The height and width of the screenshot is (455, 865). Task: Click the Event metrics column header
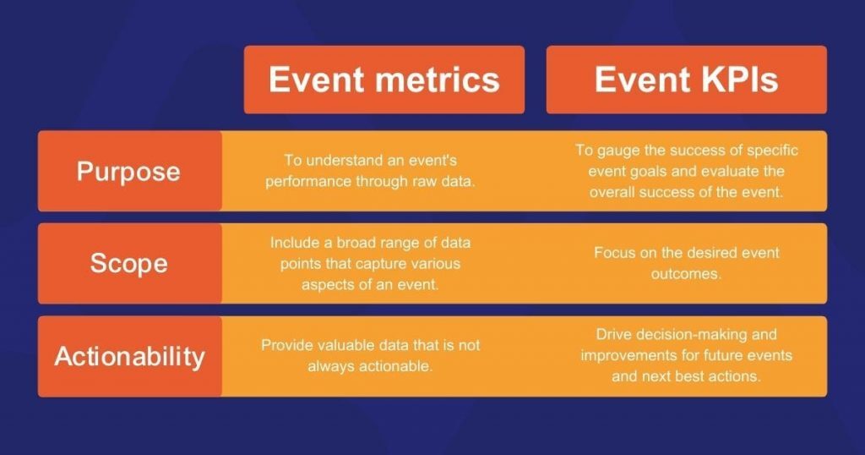pos(384,79)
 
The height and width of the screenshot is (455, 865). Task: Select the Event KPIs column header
pos(686,79)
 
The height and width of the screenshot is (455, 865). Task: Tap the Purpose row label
pos(129,171)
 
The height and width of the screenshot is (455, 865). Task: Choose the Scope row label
pos(129,263)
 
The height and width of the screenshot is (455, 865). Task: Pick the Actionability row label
pos(129,356)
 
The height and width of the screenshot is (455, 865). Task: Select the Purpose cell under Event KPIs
pos(686,171)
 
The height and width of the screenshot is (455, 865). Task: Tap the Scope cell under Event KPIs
pos(686,263)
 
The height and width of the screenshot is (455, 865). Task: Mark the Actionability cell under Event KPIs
pos(686,356)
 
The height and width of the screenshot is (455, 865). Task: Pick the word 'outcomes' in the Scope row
pos(686,274)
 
